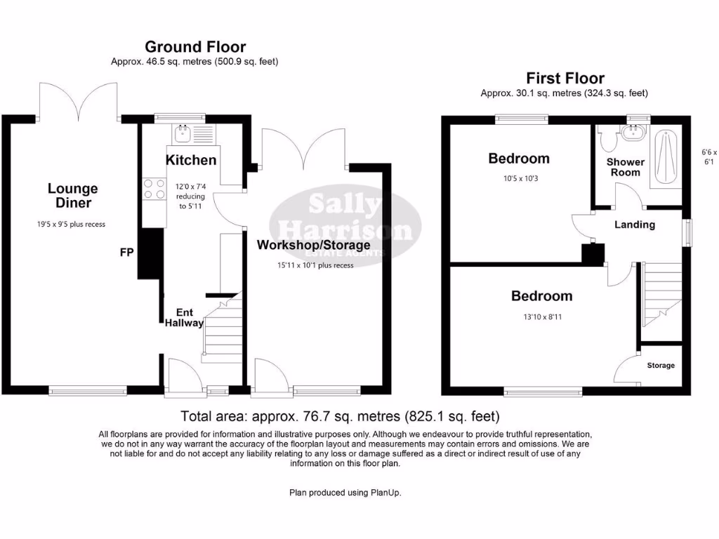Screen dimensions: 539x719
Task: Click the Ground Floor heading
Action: tap(195, 47)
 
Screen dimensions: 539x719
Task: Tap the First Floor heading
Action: tap(565, 78)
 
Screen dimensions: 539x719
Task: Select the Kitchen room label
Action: tap(191, 160)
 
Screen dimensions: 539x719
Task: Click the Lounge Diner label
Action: tap(73, 196)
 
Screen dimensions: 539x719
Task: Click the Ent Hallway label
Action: tap(184, 317)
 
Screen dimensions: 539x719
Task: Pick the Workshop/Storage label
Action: tap(313, 245)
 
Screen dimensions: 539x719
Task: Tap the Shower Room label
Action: tap(626, 167)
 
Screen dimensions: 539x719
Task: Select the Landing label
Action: tap(634, 225)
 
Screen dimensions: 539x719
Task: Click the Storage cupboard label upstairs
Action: tap(661, 366)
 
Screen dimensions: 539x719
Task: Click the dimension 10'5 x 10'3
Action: tap(519, 178)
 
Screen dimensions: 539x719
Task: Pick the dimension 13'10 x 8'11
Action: tap(541, 317)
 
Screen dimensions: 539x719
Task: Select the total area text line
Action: tap(341, 415)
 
